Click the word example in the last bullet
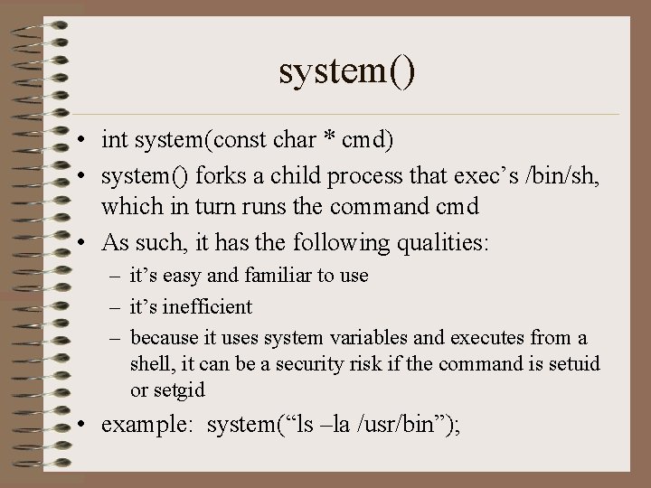coord(146,425)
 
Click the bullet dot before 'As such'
coord(82,242)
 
